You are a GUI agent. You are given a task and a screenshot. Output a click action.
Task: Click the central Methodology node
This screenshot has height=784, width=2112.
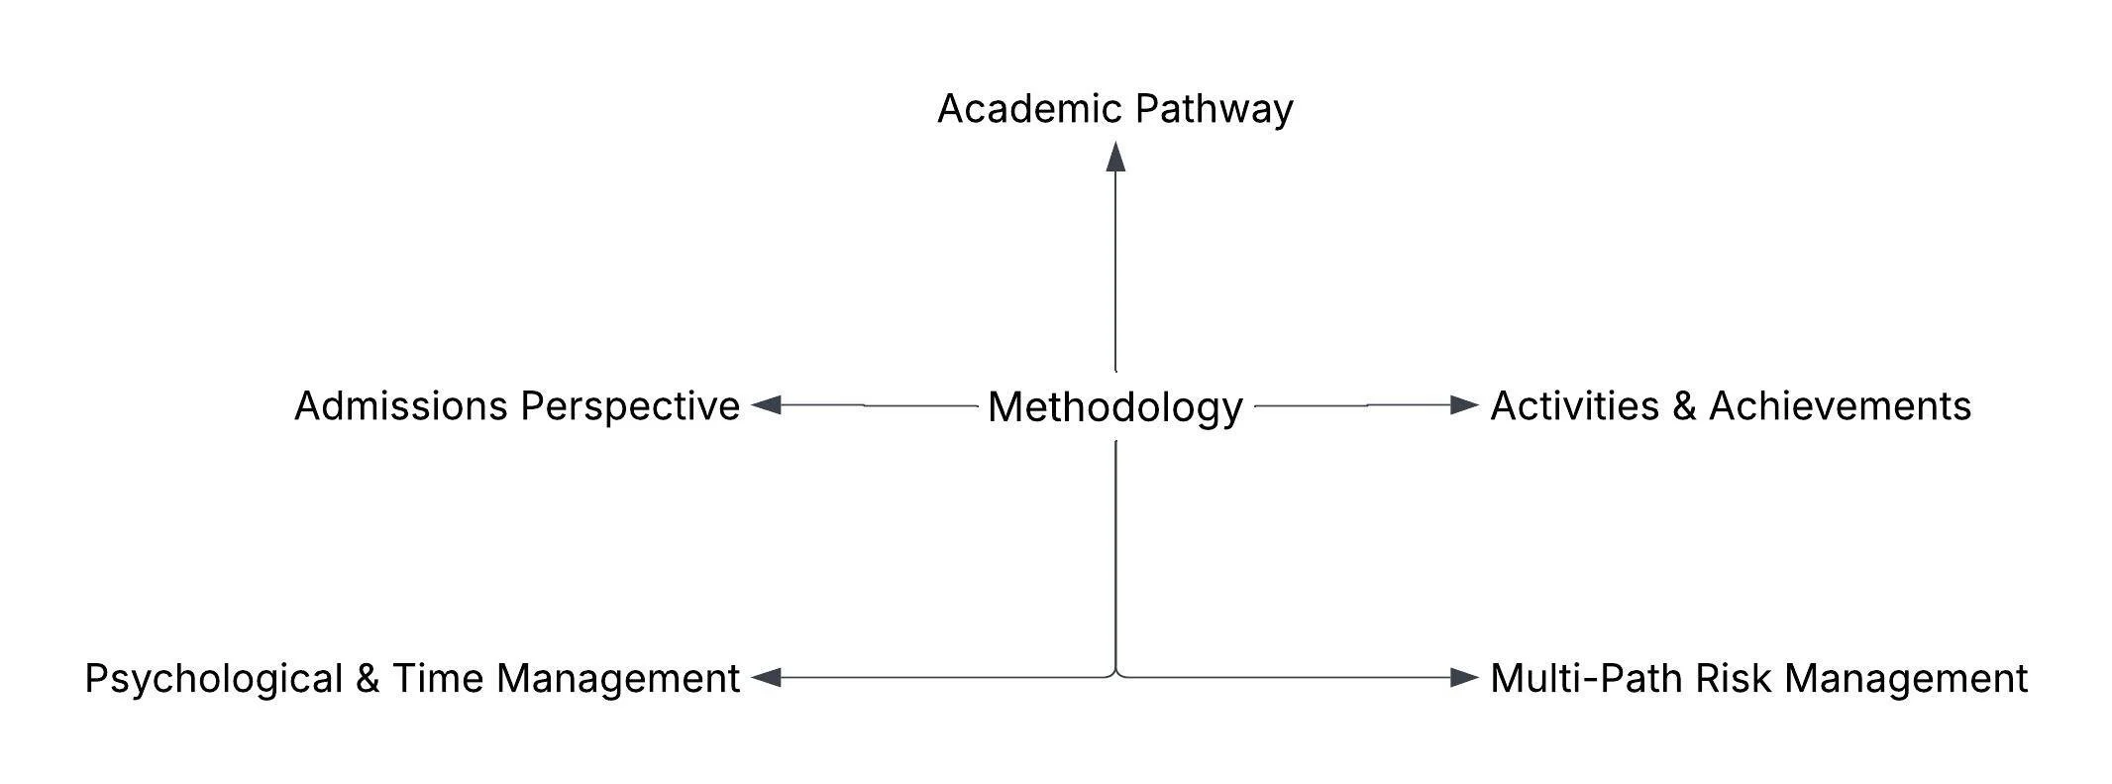pos(1115,407)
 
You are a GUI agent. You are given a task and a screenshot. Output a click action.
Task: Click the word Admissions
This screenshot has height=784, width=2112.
pos(400,406)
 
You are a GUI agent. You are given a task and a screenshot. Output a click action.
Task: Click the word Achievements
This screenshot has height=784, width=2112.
pos(1840,406)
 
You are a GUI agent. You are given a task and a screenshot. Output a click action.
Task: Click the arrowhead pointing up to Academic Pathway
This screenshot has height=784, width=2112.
pos(1115,157)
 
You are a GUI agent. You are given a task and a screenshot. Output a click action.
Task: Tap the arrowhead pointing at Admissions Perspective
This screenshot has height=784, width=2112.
pos(766,405)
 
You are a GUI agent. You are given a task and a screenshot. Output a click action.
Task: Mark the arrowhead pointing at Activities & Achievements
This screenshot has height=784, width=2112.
pos(1464,404)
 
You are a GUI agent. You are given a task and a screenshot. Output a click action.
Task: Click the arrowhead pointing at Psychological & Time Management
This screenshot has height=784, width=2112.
pos(766,678)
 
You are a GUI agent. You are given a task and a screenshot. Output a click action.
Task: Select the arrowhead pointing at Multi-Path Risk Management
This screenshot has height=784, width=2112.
pos(1464,678)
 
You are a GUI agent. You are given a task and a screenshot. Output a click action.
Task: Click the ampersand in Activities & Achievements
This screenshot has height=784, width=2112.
pos(1684,406)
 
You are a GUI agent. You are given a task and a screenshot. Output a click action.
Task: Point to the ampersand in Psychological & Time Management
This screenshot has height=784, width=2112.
pos(367,679)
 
